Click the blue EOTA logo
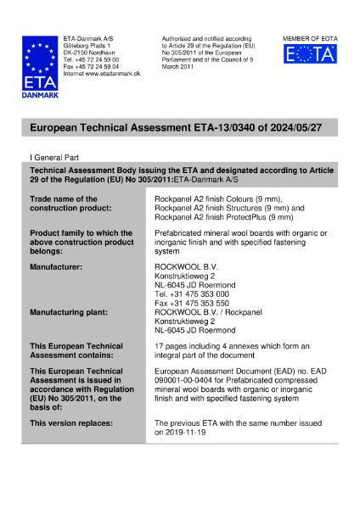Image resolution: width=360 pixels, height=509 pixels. (309, 55)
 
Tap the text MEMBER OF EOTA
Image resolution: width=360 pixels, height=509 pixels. (309, 38)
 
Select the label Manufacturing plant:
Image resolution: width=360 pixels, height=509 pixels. (68, 312)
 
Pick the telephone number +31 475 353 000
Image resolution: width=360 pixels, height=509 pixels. (199, 294)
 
